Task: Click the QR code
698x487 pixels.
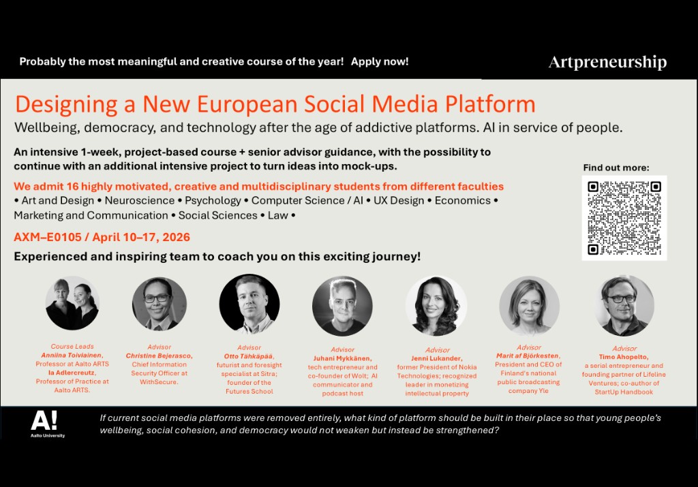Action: click(x=624, y=217)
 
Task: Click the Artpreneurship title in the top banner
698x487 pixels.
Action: click(x=607, y=63)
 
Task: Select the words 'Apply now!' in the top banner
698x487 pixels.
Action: click(x=380, y=61)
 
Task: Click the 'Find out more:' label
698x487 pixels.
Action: click(x=616, y=168)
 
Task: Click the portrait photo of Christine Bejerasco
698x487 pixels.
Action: click(x=159, y=304)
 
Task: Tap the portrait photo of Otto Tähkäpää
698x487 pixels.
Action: click(x=249, y=304)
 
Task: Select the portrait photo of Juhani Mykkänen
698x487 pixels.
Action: click(x=342, y=306)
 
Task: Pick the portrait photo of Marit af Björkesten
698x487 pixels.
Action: click(x=529, y=306)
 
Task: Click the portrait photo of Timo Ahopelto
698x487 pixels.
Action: click(x=624, y=305)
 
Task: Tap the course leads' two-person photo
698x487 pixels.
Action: click(x=72, y=303)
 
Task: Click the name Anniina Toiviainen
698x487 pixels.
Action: click(x=72, y=356)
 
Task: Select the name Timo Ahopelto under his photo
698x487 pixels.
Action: click(x=624, y=357)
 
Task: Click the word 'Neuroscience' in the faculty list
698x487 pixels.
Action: click(x=140, y=201)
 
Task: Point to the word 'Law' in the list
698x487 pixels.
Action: click(x=278, y=216)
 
